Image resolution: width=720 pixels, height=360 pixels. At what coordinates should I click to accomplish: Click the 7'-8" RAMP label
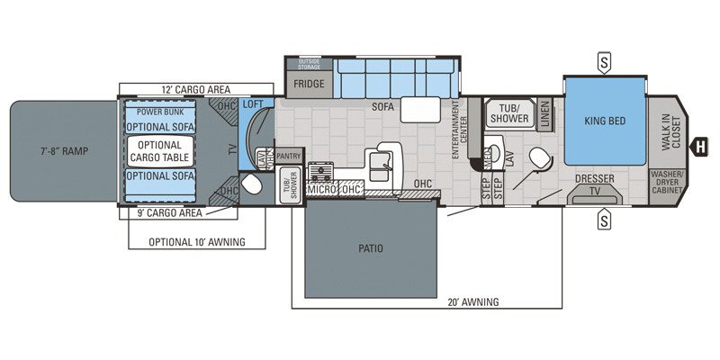coord(63,149)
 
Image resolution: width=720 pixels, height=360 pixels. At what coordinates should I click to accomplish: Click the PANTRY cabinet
coord(288,156)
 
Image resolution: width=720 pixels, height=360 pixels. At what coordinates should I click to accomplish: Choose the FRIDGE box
coord(308,84)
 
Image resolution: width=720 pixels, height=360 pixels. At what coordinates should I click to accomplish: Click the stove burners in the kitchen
coord(320,170)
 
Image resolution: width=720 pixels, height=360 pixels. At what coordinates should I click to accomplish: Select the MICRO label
coord(320,191)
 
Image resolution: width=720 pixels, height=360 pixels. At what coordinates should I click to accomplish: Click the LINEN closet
coord(544,115)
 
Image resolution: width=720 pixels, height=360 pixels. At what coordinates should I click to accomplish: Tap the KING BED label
coord(604,121)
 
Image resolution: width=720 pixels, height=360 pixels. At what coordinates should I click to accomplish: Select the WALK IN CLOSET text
coord(666,130)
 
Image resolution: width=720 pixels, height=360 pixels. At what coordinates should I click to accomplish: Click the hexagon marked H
coord(697,146)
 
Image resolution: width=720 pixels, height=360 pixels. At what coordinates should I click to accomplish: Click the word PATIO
coord(370,248)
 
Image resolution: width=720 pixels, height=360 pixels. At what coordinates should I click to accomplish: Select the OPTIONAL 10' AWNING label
coord(198,242)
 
